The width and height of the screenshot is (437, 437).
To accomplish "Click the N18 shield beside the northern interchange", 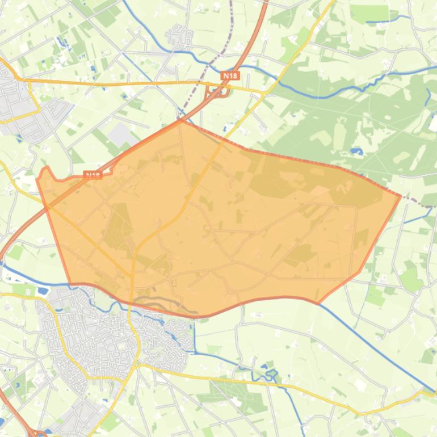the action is point(230,75).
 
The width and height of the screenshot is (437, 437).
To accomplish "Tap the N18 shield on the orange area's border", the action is point(93,175).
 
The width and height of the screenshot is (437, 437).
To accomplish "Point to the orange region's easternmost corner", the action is point(401,196).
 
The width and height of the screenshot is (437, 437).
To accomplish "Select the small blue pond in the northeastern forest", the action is point(356,152).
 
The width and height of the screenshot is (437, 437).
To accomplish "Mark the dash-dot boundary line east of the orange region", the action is point(420,202).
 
